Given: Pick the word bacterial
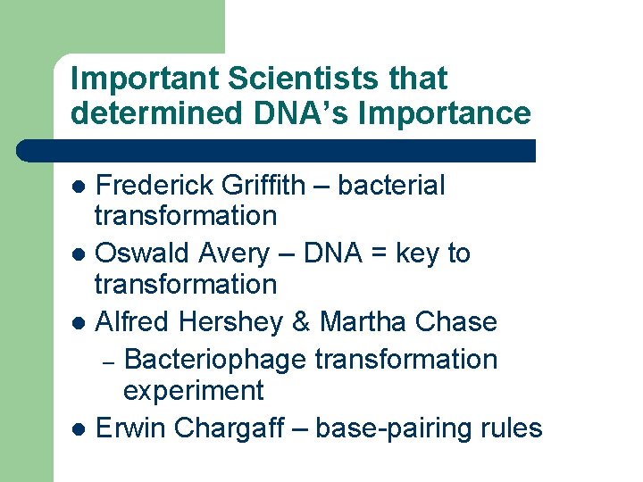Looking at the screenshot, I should tap(391, 186).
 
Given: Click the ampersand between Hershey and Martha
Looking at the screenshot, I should tap(300, 321).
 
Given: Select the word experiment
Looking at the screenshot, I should tap(193, 391).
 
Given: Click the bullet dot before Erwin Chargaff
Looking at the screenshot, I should tap(79, 429).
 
